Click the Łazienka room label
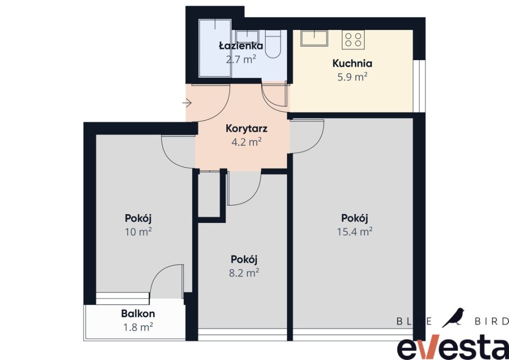pyautogui.click(x=241, y=46)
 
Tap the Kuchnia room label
pyautogui.click(x=352, y=64)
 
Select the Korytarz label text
pyautogui.click(x=246, y=129)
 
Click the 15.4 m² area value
pyautogui.click(x=354, y=232)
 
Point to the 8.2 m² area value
pyautogui.click(x=244, y=273)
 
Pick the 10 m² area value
pyautogui.click(x=138, y=232)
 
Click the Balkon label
pyautogui.click(x=138, y=313)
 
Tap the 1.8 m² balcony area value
pyautogui.click(x=138, y=327)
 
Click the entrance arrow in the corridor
pyautogui.click(x=187, y=103)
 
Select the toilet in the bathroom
pyautogui.click(x=273, y=44)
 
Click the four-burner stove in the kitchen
pyautogui.click(x=353, y=39)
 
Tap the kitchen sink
pyautogui.click(x=314, y=38)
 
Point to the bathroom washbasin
pyautogui.click(x=247, y=36)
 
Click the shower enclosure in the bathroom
pyautogui.click(x=215, y=48)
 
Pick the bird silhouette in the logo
pyautogui.click(x=453, y=317)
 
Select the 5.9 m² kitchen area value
pyautogui.click(x=352, y=77)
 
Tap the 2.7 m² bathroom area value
pyautogui.click(x=241, y=60)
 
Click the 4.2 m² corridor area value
pyautogui.click(x=246, y=142)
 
